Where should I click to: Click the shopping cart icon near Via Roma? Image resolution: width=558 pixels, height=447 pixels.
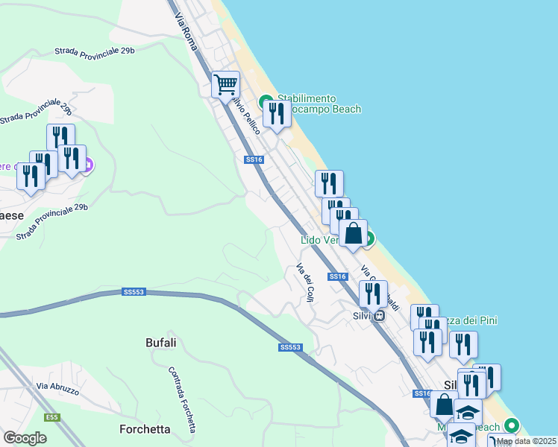click(x=225, y=83)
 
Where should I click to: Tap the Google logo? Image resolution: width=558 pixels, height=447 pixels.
click(x=25, y=438)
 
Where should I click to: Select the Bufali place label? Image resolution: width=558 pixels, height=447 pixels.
click(x=160, y=343)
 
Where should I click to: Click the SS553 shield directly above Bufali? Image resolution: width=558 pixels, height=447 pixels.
click(x=133, y=292)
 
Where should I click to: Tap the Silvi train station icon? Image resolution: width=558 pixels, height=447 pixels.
click(x=379, y=315)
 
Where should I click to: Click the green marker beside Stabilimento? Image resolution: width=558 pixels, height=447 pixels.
click(x=265, y=101)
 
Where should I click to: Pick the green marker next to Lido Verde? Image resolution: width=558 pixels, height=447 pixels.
click(x=367, y=238)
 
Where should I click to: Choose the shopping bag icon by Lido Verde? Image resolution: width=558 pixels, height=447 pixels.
click(x=353, y=233)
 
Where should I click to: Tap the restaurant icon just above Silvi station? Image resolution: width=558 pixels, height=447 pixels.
click(x=373, y=294)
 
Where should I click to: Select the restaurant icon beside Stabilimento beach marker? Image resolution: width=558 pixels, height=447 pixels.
click(x=277, y=113)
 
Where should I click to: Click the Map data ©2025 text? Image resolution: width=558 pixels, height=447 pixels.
click(x=526, y=441)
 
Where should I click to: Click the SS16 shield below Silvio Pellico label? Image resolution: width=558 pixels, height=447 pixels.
click(x=254, y=159)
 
